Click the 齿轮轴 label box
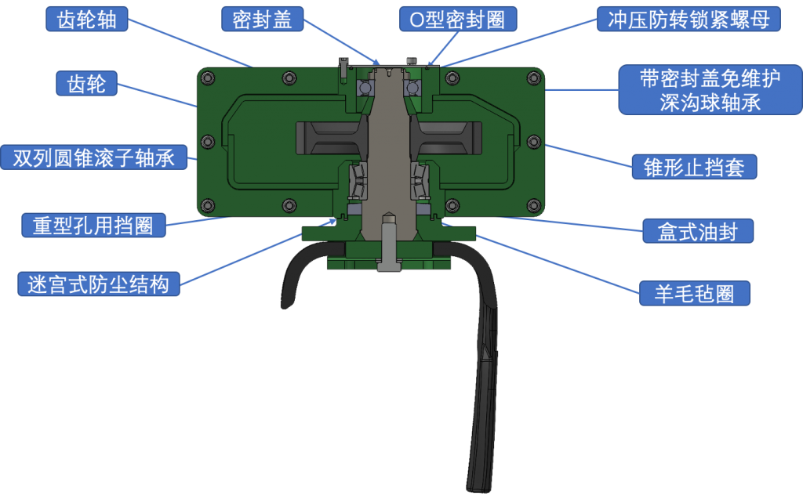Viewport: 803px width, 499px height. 87,20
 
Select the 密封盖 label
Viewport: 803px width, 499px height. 262,20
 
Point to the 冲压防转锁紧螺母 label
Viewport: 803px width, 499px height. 689,20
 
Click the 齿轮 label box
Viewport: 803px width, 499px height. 86,83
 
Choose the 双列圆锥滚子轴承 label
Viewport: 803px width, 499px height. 93,157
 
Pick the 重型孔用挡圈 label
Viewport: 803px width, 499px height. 93,226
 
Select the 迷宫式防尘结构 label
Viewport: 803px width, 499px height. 98,284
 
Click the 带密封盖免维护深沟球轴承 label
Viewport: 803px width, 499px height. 699,90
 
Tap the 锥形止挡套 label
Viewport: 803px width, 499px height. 694,167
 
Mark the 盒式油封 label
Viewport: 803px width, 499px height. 697,231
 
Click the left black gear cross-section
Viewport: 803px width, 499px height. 329,139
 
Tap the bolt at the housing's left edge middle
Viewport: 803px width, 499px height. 207,142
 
